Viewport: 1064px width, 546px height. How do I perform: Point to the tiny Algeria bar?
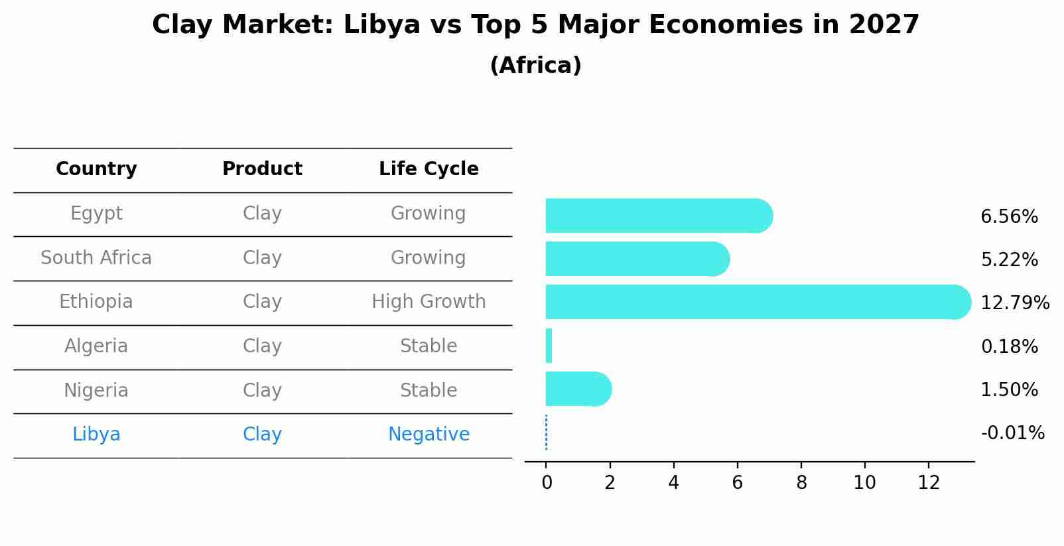tap(549, 346)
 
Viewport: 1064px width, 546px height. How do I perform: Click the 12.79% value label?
tap(1014, 303)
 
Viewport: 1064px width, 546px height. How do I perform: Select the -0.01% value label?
tap(1012, 433)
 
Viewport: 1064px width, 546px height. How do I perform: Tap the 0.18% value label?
tap(1009, 346)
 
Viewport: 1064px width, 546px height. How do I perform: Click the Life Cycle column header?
tap(429, 169)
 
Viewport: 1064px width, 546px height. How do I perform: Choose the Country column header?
tap(96, 169)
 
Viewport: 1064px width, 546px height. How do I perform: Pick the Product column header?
tap(262, 169)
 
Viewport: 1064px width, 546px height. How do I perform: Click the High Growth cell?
tap(429, 302)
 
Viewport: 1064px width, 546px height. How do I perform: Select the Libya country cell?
tap(96, 435)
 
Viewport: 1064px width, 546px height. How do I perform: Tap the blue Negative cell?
tap(429, 435)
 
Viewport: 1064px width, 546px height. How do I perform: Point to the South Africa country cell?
tap(96, 257)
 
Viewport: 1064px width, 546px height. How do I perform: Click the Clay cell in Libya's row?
tap(262, 435)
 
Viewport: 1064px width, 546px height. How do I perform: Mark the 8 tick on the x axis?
tap(801, 483)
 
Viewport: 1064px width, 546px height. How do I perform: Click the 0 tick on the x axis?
tap(547, 483)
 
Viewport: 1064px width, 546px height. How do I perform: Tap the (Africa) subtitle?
tap(535, 66)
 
